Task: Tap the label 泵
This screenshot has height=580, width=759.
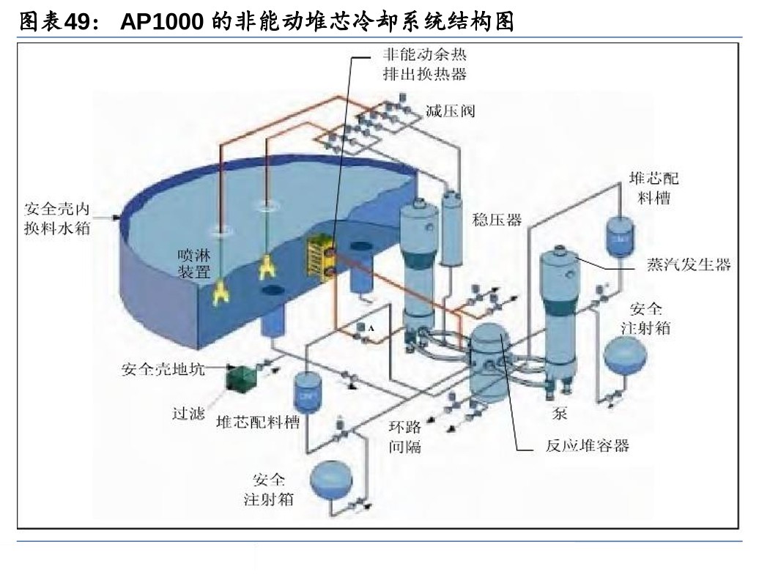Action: (560, 414)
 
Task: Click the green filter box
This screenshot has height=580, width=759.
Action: (239, 376)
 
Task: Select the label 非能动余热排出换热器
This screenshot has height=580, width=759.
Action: (424, 64)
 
